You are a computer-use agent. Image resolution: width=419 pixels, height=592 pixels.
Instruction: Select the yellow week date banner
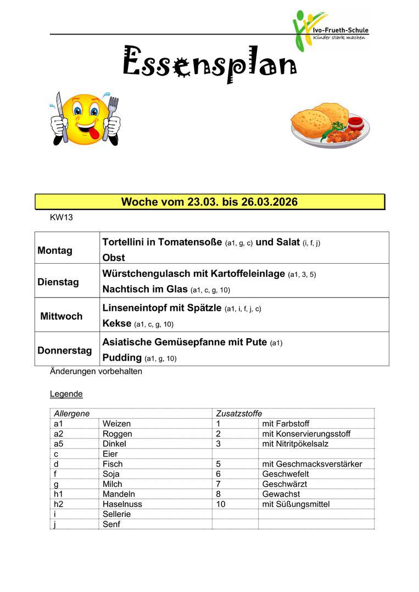point(209,202)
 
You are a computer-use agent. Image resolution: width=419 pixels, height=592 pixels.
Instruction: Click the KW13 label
point(61,218)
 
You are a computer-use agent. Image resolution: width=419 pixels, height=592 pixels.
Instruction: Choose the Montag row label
point(55,251)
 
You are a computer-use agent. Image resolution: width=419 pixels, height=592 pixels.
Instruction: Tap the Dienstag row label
point(58,282)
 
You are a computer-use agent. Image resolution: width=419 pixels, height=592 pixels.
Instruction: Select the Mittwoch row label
point(61,316)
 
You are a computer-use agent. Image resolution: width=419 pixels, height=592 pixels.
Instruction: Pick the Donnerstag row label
point(65,350)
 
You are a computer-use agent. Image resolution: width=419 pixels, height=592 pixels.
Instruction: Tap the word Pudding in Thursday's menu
point(122,357)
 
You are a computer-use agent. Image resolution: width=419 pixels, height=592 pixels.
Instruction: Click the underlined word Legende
point(66,394)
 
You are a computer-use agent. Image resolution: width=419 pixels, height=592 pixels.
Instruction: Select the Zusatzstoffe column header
point(239,413)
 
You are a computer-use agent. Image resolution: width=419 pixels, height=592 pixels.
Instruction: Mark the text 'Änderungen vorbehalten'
point(96,371)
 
